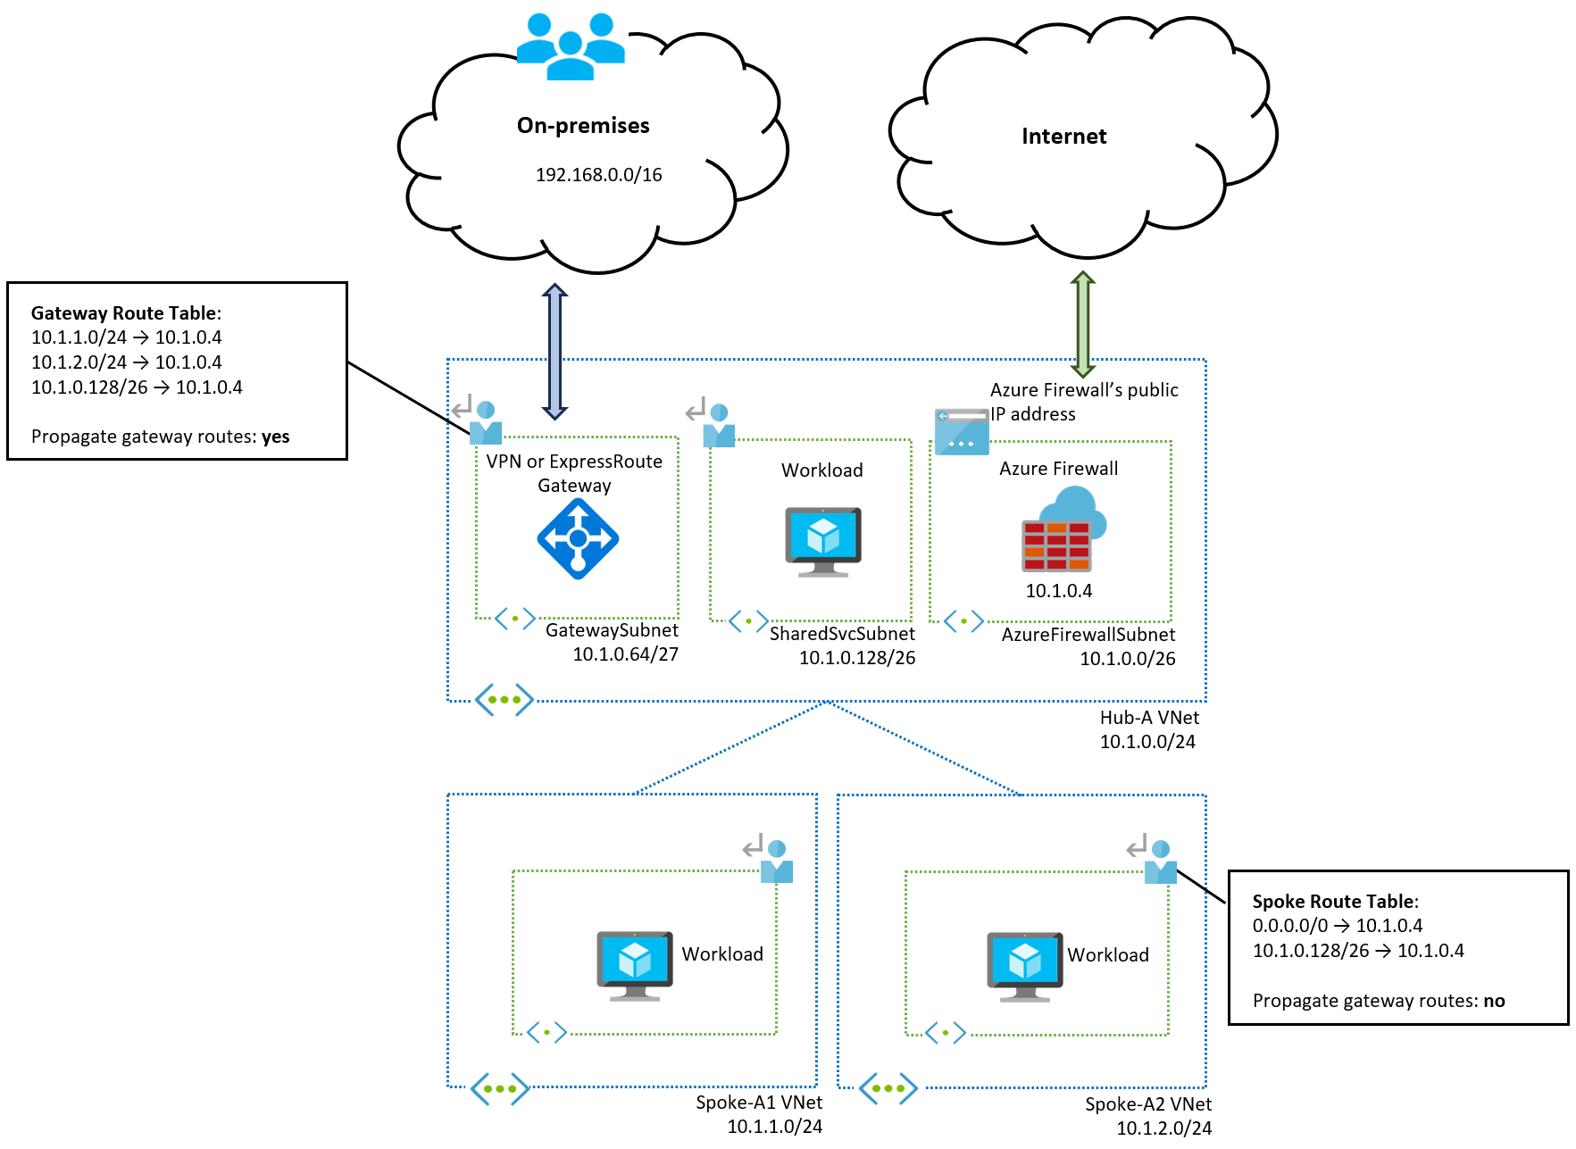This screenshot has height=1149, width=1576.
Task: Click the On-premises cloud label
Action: point(583,126)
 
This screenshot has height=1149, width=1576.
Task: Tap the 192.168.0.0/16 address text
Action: point(598,175)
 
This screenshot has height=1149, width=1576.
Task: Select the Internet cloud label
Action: point(1063,137)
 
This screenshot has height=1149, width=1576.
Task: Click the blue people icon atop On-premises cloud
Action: point(571,46)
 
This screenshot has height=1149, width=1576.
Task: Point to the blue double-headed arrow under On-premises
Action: point(555,351)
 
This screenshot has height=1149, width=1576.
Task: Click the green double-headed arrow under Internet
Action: point(1082,324)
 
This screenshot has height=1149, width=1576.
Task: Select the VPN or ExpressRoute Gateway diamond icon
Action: point(578,538)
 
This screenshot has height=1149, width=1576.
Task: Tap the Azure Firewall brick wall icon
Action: point(1057,545)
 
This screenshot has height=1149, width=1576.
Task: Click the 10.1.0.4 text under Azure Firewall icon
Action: point(1058,591)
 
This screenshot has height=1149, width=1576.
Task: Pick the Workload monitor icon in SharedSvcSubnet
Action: point(822,541)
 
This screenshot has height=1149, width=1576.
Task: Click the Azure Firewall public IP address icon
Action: point(961,431)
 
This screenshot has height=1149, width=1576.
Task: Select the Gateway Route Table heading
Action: point(125,313)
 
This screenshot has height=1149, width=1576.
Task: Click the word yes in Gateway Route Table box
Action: point(275,437)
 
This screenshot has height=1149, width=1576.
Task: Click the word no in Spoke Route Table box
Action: point(1494,1001)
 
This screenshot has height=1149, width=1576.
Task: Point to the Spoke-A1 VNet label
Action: point(759,1103)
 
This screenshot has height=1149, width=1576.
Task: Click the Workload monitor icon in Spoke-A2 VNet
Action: point(1024,966)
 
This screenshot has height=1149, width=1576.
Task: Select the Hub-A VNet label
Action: point(1149,718)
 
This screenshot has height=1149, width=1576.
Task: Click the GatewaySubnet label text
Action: point(612,630)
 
